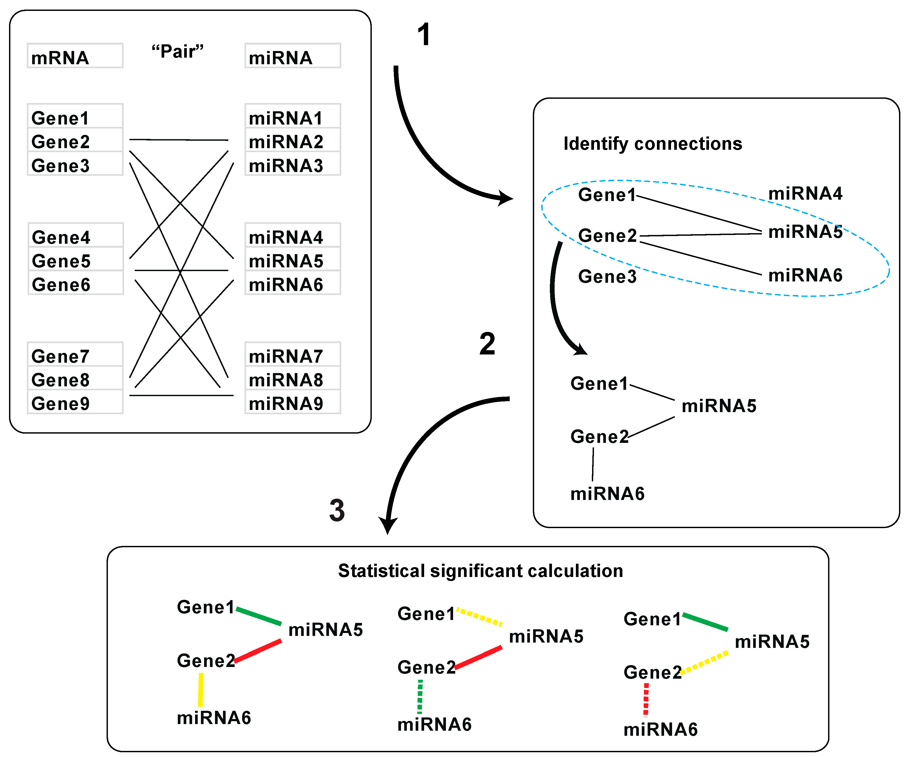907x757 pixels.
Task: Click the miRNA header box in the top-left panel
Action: (x=292, y=56)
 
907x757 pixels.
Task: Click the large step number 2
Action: (x=487, y=344)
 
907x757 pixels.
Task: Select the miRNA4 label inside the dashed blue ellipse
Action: (x=805, y=193)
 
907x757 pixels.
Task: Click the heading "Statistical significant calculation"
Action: (x=480, y=571)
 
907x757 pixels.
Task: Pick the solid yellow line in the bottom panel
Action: (x=200, y=690)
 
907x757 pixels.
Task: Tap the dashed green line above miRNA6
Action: (x=420, y=696)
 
